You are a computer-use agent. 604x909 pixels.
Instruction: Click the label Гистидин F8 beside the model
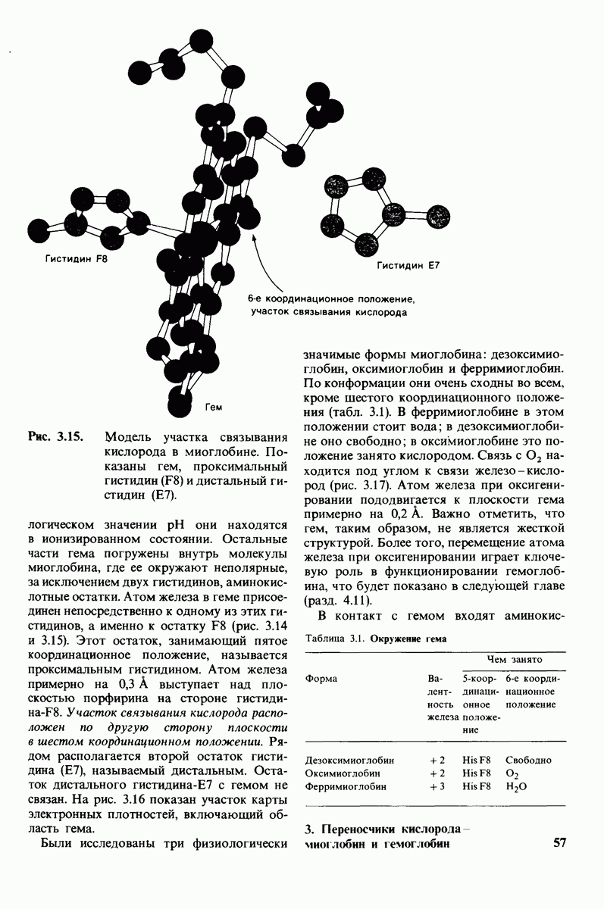click(77, 259)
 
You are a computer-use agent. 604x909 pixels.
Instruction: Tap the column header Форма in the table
click(321, 678)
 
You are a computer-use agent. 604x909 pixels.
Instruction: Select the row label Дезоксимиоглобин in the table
click(349, 760)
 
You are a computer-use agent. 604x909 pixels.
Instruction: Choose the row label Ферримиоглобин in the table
click(345, 787)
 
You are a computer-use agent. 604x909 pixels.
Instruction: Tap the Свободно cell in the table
click(528, 760)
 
